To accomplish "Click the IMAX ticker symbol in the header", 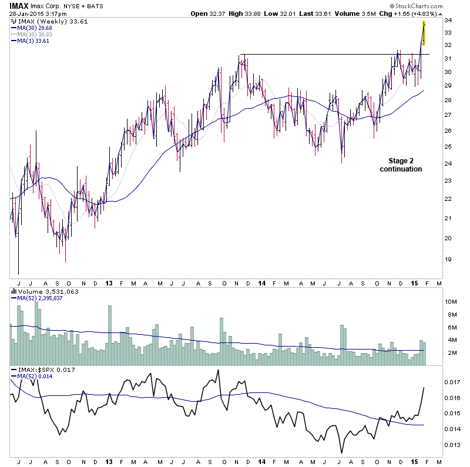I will pyautogui.click(x=18, y=6).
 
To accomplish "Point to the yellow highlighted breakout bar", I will pyautogui.click(x=424, y=33).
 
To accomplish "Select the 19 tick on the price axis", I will pyautogui.click(x=448, y=260).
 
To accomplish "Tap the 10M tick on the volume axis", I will pyautogui.click(x=451, y=301).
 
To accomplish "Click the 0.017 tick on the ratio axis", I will pyautogui.click(x=453, y=382).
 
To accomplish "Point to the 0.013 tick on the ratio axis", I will pyautogui.click(x=453, y=445).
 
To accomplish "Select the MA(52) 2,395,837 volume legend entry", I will pyautogui.click(x=39, y=298).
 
